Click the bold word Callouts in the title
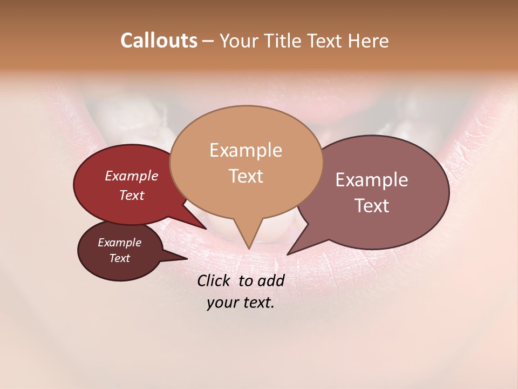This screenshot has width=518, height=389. click(159, 41)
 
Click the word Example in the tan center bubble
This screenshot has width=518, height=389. click(246, 150)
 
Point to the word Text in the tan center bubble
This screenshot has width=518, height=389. click(246, 176)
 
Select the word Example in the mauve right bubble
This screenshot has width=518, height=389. click(372, 180)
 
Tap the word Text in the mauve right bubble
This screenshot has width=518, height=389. click(372, 206)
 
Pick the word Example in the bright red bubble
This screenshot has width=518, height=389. click(132, 176)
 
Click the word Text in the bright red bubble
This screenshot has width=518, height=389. click(132, 195)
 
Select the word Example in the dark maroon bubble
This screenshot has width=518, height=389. click(119, 243)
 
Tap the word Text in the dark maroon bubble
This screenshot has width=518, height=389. click(119, 258)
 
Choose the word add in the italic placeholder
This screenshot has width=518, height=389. click(271, 280)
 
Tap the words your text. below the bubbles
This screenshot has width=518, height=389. click(241, 303)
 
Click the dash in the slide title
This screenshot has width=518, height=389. click(209, 41)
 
